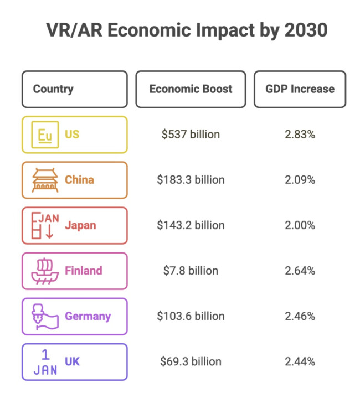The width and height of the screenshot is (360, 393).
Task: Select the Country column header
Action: [53, 89]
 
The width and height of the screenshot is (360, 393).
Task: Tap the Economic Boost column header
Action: [191, 89]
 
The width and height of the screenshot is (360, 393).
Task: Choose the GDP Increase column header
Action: [300, 89]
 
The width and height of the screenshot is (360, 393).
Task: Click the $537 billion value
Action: [191, 135]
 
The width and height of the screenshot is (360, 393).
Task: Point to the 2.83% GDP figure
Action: [300, 135]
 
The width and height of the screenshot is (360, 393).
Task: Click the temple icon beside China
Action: [44, 180]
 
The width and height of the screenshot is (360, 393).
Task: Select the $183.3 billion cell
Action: [191, 180]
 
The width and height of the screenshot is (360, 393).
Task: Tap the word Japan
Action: [80, 225]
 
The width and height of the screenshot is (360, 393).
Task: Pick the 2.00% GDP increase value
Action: [300, 225]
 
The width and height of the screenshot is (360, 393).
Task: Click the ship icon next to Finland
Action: [44, 271]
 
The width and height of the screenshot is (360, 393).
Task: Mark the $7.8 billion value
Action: [191, 271]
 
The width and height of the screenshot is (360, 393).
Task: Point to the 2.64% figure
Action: [300, 271]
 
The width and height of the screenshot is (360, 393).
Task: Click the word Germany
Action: [88, 316]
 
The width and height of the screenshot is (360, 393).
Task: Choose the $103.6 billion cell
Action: [191, 316]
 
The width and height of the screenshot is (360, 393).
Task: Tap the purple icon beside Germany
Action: [44, 316]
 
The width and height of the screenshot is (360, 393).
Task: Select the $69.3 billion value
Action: [191, 361]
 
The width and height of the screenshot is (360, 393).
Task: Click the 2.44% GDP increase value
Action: [300, 361]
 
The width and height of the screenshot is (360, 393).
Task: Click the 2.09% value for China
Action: [300, 180]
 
